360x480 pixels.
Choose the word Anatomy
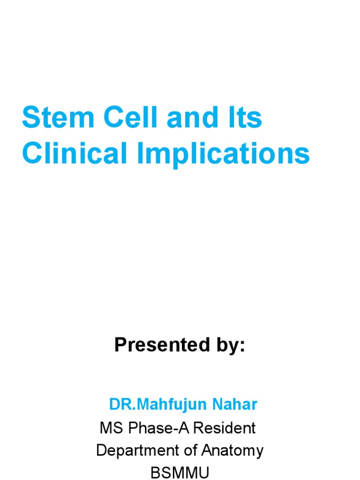(x=232, y=451)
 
